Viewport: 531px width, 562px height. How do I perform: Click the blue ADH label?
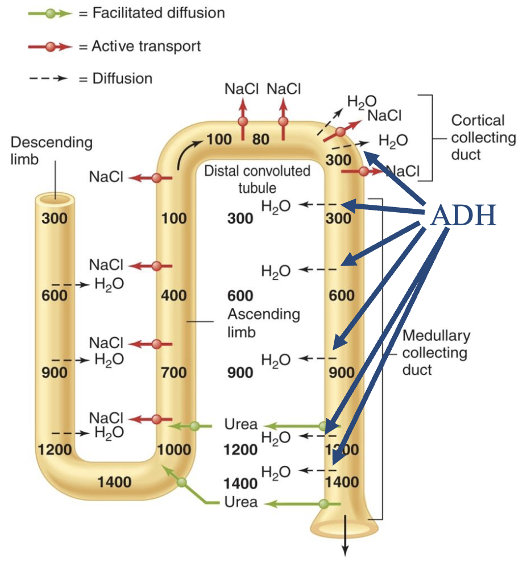(x=463, y=216)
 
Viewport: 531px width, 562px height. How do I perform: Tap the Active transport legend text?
(x=146, y=46)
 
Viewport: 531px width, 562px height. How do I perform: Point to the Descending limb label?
(x=51, y=150)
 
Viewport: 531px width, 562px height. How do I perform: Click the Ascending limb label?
(x=263, y=322)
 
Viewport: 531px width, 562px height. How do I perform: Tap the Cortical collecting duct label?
(x=483, y=137)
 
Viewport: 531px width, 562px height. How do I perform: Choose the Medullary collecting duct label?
(x=435, y=352)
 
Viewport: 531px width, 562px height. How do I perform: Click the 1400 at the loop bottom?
(x=114, y=482)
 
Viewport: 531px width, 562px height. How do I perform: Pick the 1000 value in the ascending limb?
(x=173, y=449)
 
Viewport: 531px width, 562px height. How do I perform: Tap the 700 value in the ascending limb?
(x=173, y=373)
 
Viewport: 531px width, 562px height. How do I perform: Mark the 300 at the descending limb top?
(x=55, y=218)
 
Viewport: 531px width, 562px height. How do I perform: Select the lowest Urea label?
(x=240, y=502)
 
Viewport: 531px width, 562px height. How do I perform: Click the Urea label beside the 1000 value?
(x=240, y=424)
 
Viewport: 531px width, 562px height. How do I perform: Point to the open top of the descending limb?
(x=55, y=199)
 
